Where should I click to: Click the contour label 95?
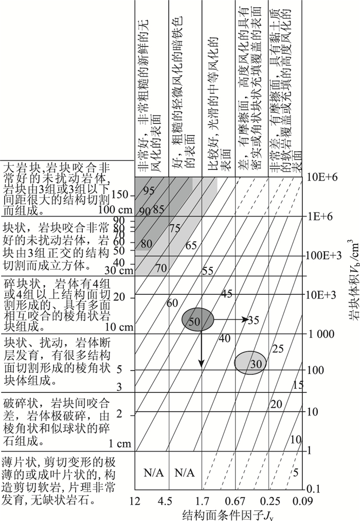[x=149, y=191]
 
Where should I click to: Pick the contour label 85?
[x=158, y=209]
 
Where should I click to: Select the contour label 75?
[x=174, y=228]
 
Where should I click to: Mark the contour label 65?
[x=191, y=245]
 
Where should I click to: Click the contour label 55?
[x=208, y=271]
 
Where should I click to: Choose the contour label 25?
[x=278, y=349]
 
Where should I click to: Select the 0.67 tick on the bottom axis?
[x=236, y=500]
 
